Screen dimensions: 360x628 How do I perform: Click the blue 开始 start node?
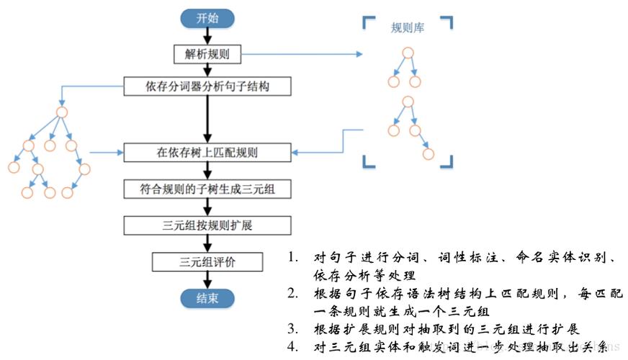(207, 19)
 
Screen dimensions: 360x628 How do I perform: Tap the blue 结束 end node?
(207, 297)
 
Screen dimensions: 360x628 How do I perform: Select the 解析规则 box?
(207, 53)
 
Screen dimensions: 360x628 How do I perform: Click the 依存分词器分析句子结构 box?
(207, 87)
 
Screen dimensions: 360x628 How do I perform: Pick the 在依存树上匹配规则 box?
(207, 153)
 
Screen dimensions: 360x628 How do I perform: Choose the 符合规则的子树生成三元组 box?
(207, 189)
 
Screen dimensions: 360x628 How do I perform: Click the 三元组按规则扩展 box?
(207, 225)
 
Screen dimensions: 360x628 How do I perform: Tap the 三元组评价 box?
(207, 261)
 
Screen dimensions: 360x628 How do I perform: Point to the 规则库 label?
(407, 28)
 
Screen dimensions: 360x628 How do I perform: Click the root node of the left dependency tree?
(62, 112)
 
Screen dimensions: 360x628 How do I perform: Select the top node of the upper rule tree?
(408, 53)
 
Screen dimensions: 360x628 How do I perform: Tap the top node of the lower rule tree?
(408, 102)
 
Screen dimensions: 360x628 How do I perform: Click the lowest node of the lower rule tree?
(429, 153)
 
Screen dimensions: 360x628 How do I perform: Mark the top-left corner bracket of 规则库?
(367, 22)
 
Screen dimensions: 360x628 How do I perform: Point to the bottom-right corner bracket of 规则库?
(447, 161)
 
